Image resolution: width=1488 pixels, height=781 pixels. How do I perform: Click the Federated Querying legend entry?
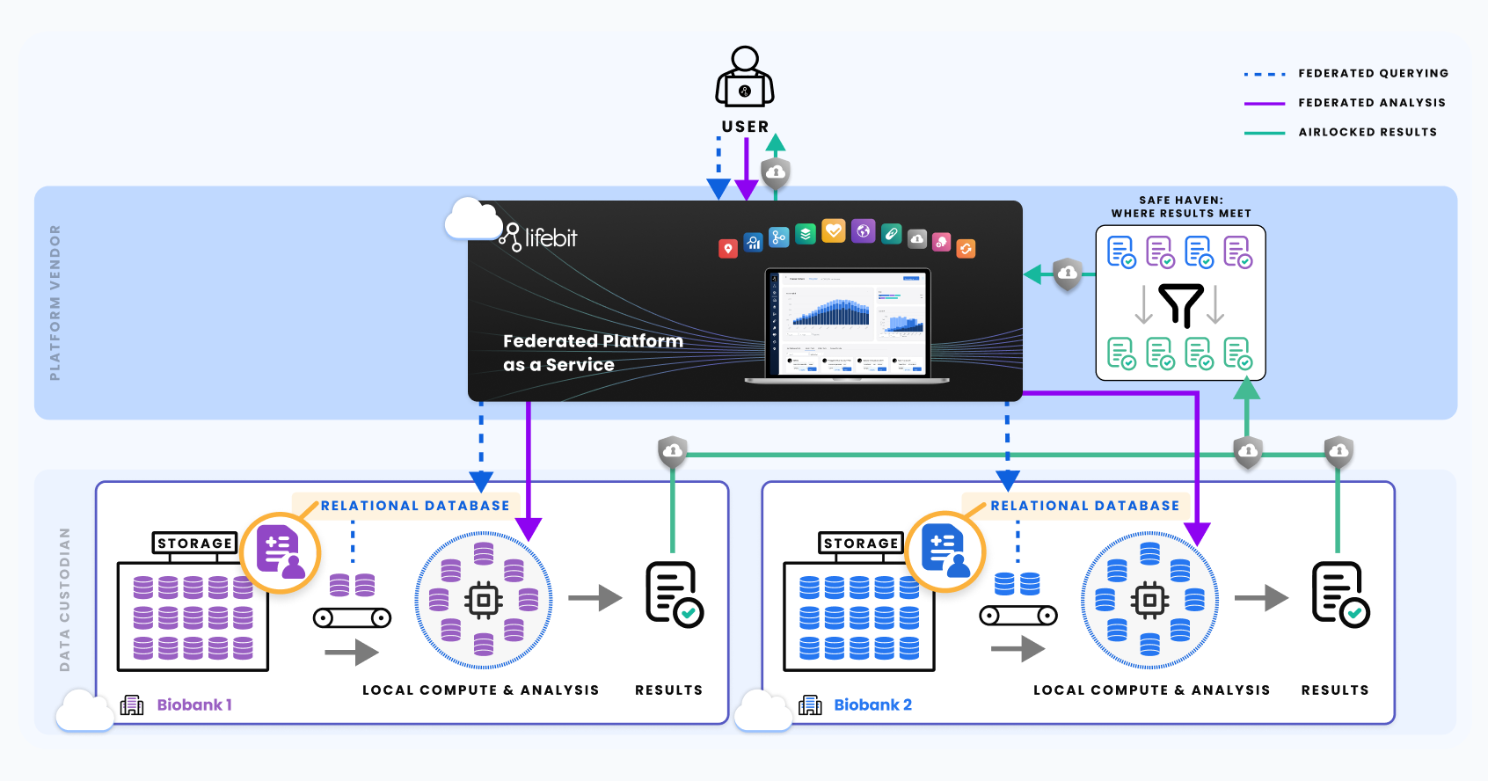(x=1373, y=74)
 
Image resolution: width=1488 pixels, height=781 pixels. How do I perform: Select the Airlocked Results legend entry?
(x=1368, y=133)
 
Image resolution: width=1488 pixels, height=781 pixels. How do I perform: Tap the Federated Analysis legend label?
(x=1372, y=103)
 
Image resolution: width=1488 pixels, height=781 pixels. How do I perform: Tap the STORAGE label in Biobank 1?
(x=195, y=544)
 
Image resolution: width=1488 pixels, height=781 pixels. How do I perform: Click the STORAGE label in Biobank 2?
(x=861, y=544)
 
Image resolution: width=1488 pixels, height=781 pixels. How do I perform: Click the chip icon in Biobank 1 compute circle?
(x=483, y=601)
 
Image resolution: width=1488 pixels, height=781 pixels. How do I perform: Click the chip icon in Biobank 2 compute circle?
(x=1149, y=601)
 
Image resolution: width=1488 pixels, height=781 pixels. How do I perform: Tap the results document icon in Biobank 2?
(x=1340, y=595)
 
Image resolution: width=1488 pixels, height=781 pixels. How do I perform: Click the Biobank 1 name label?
(x=194, y=705)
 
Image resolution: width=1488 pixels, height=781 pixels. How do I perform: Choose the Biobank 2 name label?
(x=872, y=705)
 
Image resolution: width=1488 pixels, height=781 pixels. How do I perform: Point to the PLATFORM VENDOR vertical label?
(x=55, y=303)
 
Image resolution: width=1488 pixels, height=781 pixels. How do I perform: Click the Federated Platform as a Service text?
(x=593, y=353)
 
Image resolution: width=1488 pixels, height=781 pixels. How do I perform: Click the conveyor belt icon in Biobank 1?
(x=352, y=617)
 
